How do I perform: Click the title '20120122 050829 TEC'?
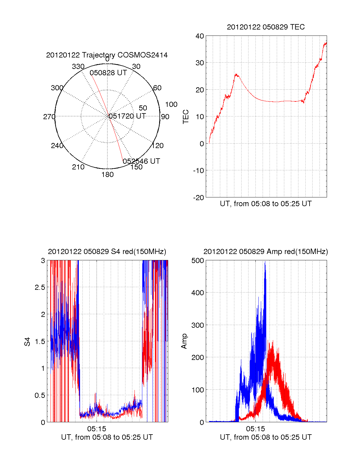(x=266, y=27)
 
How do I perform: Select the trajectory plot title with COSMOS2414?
(x=107, y=55)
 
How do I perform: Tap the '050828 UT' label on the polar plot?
(x=108, y=73)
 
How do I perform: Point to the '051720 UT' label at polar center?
(x=127, y=116)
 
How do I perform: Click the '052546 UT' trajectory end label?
(x=141, y=161)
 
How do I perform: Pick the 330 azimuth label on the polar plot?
(x=78, y=67)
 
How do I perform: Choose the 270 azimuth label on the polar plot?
(x=49, y=117)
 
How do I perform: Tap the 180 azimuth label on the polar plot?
(x=107, y=175)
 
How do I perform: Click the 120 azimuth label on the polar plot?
(x=158, y=146)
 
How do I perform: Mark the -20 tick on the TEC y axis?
(x=199, y=197)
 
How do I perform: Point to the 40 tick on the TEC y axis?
(x=200, y=36)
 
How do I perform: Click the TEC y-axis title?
(x=186, y=117)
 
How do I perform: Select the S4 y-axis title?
(x=27, y=342)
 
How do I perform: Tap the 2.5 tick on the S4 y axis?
(x=40, y=287)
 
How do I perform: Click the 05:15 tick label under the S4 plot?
(x=97, y=429)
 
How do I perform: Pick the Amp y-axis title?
(x=184, y=341)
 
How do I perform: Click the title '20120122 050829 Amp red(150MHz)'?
(x=266, y=252)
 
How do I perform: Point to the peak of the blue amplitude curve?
(x=265, y=262)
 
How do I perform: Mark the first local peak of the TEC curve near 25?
(x=236, y=74)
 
